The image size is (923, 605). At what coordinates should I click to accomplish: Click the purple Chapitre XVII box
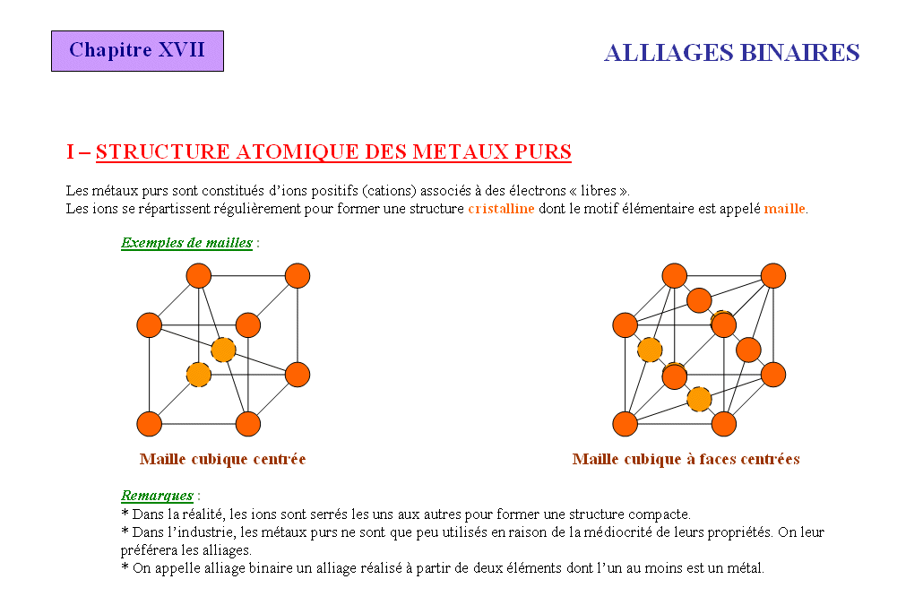pyautogui.click(x=137, y=51)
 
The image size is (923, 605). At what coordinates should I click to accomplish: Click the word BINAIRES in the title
pyautogui.click(x=799, y=53)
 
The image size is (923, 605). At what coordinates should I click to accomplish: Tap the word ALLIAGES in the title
pyautogui.click(x=669, y=53)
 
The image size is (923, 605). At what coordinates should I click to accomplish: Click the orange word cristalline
pyautogui.click(x=501, y=208)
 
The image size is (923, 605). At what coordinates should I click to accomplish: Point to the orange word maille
pyautogui.click(x=784, y=208)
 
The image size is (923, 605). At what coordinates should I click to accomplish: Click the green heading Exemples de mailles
pyautogui.click(x=186, y=243)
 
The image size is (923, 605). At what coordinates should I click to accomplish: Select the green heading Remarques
pyautogui.click(x=157, y=496)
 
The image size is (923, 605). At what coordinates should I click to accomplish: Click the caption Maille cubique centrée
pyautogui.click(x=222, y=459)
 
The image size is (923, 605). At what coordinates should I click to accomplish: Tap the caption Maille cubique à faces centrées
pyautogui.click(x=686, y=459)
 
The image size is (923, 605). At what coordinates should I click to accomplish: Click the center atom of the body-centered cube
pyautogui.click(x=223, y=350)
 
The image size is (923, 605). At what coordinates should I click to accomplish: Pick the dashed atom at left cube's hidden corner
pyautogui.click(x=198, y=375)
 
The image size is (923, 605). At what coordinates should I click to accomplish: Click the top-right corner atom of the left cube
pyautogui.click(x=298, y=275)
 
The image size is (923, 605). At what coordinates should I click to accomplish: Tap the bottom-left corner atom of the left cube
pyautogui.click(x=149, y=424)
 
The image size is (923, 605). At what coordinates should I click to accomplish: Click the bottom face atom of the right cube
pyautogui.click(x=699, y=399)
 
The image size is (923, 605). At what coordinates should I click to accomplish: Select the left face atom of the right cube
pyautogui.click(x=650, y=350)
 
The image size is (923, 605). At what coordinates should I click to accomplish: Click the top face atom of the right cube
pyautogui.click(x=699, y=300)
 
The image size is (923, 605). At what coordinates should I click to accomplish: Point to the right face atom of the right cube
pyautogui.click(x=748, y=350)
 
